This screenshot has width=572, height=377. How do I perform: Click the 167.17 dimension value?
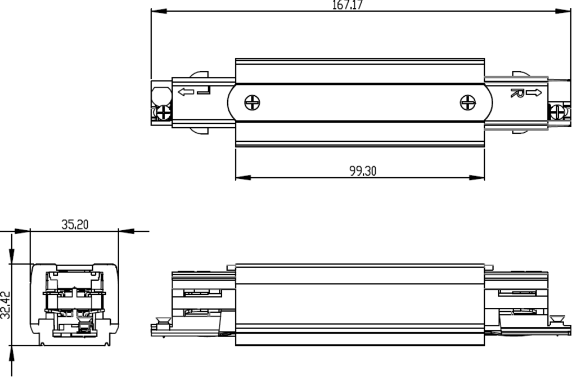tap(348, 5)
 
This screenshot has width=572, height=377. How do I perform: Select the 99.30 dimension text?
tap(363, 171)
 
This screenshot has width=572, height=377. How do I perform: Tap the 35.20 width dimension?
tap(75, 225)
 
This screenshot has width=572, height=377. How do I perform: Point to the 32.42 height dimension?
tap(6, 305)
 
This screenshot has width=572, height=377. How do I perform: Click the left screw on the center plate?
tap(252, 102)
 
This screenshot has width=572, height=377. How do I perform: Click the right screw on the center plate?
tap(468, 102)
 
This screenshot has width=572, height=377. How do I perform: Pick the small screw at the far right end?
tap(557, 111)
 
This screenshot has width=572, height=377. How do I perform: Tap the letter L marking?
tap(204, 91)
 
